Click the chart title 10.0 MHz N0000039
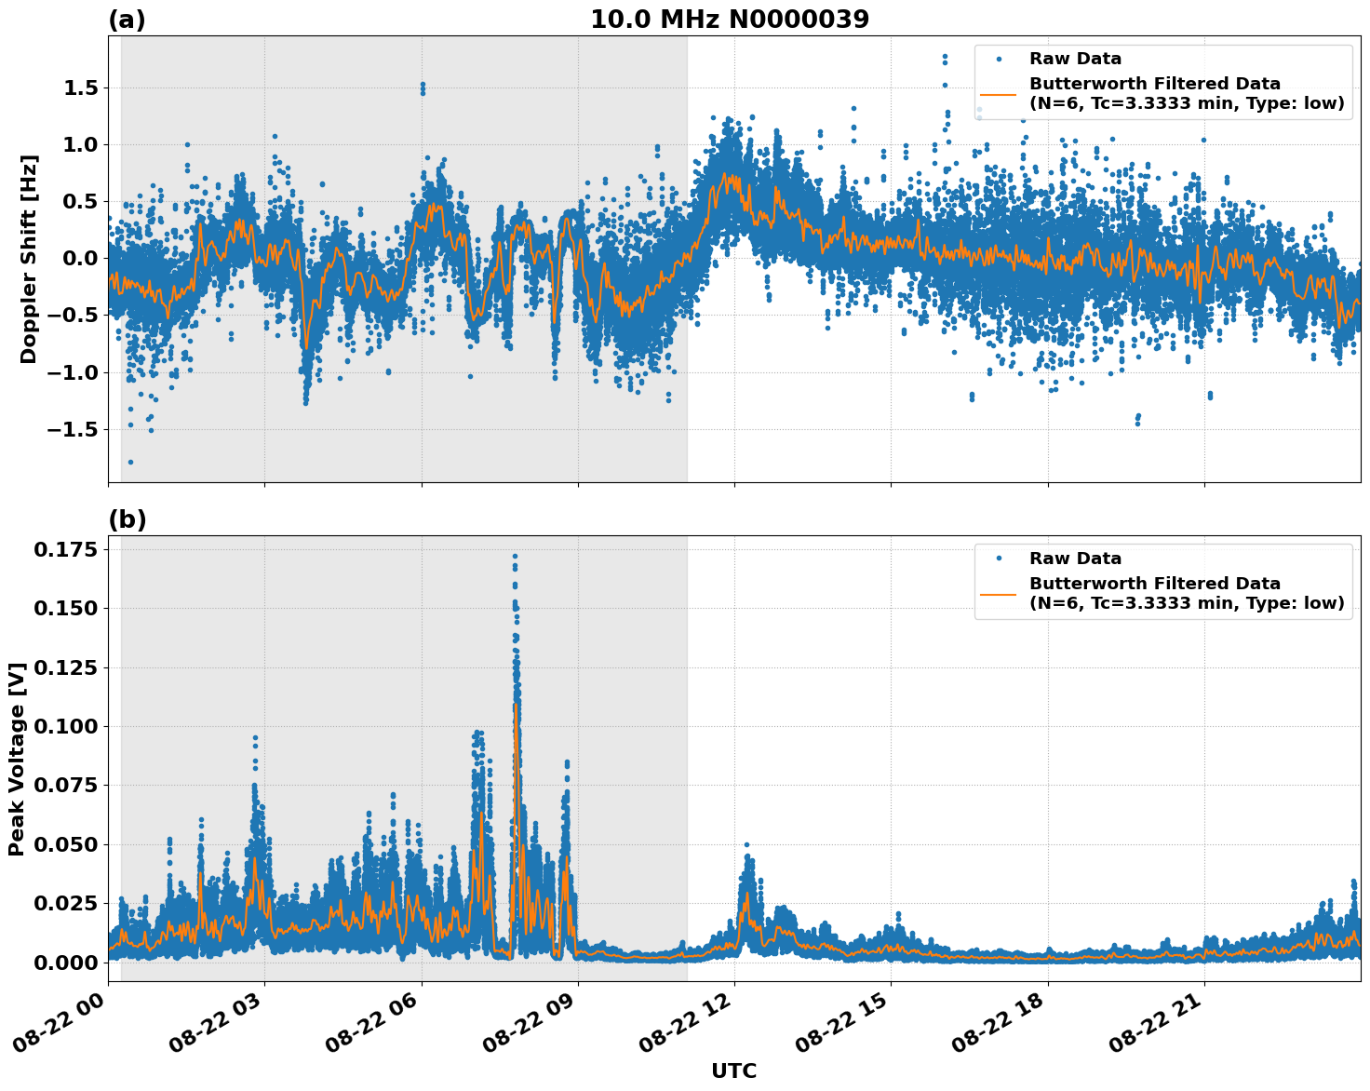729,20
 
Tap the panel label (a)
127,20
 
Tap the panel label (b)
127,519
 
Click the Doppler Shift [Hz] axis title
29,258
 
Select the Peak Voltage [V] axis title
16,759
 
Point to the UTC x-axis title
733,1071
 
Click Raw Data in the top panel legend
1075,59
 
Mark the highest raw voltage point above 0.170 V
515,556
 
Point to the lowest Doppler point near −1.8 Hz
131,462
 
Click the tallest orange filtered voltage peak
516,705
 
